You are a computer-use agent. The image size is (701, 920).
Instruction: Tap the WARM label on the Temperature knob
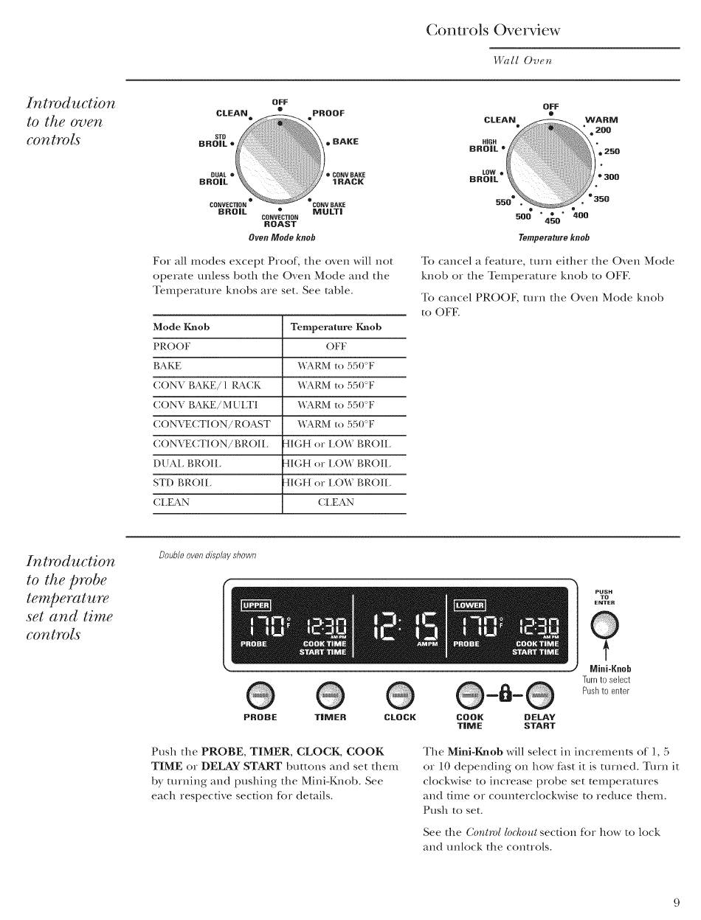[x=601, y=119]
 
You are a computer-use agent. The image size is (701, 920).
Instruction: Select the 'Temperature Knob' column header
[x=336, y=327]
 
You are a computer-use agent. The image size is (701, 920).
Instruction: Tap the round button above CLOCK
[x=400, y=695]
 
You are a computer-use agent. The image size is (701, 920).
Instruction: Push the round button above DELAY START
[x=539, y=695]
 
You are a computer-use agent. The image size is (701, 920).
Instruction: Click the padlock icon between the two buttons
[x=505, y=694]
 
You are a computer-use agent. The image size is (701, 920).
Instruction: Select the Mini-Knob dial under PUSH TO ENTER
[x=604, y=626]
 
